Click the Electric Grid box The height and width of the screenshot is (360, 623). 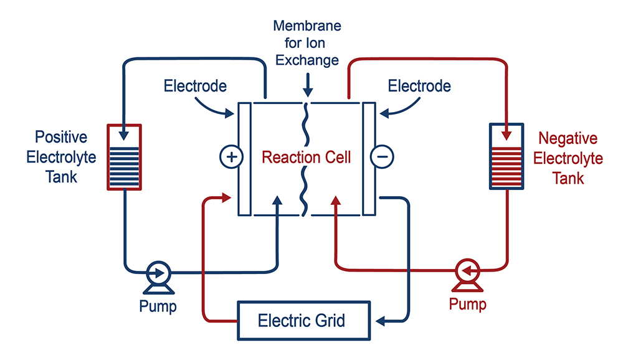pos(302,321)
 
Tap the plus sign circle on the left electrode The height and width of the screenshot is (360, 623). pos(231,157)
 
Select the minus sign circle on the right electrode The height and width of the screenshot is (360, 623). pos(381,157)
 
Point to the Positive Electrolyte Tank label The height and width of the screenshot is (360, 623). pos(61,157)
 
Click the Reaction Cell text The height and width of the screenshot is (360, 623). pos(306,157)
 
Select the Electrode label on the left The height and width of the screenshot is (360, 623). pos(195,85)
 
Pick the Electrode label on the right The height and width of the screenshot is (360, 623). pos(419,85)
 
